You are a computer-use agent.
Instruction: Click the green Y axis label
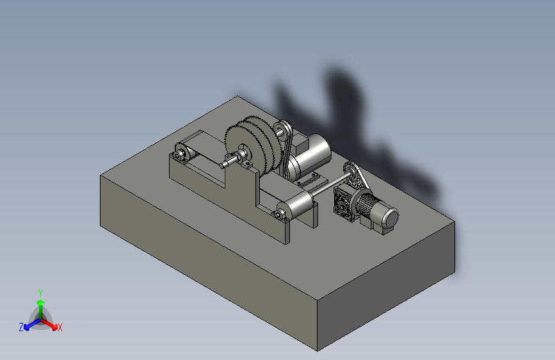40,293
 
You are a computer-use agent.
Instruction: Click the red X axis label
60,327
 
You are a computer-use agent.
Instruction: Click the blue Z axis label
21,327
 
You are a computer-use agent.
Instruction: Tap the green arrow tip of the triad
41,302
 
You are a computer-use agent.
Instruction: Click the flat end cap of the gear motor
392,218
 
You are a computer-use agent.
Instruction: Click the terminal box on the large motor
301,143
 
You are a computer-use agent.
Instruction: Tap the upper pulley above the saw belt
282,129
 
